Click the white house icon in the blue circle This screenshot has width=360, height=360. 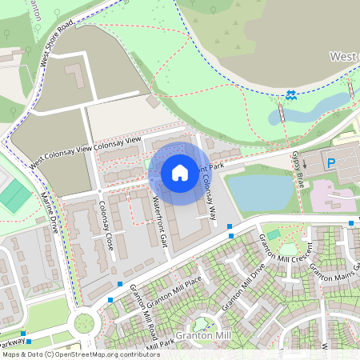pyautogui.click(x=180, y=172)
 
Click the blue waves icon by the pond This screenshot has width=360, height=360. pyautogui.click(x=291, y=97)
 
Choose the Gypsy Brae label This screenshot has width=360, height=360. pyautogui.click(x=298, y=163)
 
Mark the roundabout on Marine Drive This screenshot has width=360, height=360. pyautogui.click(x=83, y=323)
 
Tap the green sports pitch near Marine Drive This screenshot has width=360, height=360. pyautogui.click(x=14, y=195)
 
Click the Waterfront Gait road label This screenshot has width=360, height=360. pyautogui.click(x=157, y=222)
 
